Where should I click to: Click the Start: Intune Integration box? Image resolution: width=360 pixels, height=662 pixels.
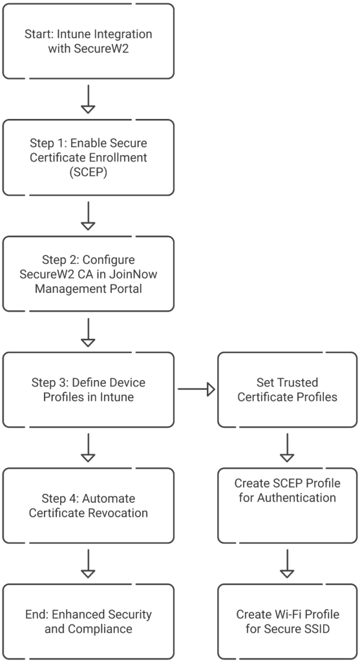pyautogui.click(x=89, y=41)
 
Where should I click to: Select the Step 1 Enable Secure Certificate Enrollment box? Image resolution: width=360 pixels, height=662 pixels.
pyautogui.click(x=89, y=157)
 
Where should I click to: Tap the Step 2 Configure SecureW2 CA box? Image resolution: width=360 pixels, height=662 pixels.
pyautogui.click(x=89, y=273)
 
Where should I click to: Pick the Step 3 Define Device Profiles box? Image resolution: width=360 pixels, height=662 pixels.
pyautogui.click(x=89, y=389)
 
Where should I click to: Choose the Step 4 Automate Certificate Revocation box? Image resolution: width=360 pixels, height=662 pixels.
pyautogui.click(x=89, y=506)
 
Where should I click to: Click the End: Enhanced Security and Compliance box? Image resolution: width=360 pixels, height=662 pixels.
pyautogui.click(x=89, y=621)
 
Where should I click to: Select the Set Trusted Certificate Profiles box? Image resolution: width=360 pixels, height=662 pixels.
pyautogui.click(x=287, y=389)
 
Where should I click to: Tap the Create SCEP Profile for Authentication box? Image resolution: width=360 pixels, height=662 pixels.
pyautogui.click(x=287, y=506)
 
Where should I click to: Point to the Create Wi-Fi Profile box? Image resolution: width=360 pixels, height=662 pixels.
pyautogui.click(x=287, y=621)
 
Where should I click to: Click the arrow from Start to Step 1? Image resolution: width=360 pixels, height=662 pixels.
pyautogui.click(x=89, y=99)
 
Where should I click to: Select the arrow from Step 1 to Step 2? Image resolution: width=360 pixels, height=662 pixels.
pyautogui.click(x=89, y=215)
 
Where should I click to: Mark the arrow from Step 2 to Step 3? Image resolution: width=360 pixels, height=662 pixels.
pyautogui.click(x=89, y=332)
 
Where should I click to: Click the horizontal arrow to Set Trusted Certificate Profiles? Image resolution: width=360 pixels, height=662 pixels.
pyautogui.click(x=196, y=389)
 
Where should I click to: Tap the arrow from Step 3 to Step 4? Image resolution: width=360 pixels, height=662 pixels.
pyautogui.click(x=89, y=447)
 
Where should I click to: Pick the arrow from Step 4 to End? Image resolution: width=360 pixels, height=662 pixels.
pyautogui.click(x=89, y=564)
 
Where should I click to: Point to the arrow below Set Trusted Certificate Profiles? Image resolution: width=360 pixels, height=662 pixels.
pyautogui.click(x=287, y=447)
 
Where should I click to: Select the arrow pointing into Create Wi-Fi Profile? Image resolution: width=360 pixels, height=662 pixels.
pyautogui.click(x=287, y=564)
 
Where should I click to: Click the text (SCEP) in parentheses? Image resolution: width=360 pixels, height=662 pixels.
pyautogui.click(x=88, y=172)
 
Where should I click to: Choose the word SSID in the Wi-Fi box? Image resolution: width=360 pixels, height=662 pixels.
pyautogui.click(x=313, y=628)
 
